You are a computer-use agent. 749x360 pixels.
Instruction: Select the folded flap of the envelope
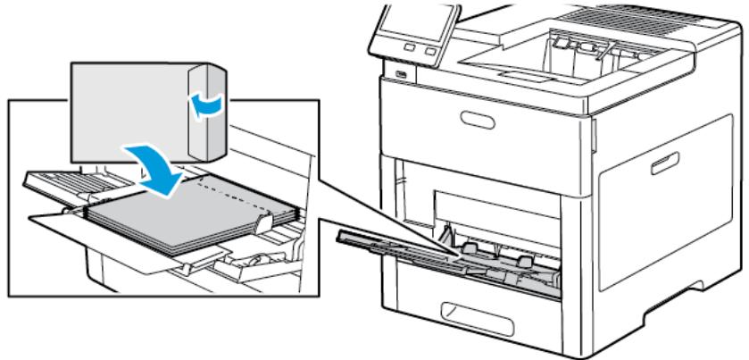pyautogui.click(x=204, y=117)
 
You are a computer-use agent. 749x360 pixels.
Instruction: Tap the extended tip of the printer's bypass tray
pyautogui.click(x=353, y=236)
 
